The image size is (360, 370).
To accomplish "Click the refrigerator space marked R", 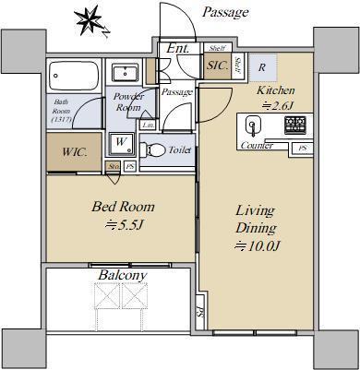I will click(263, 67).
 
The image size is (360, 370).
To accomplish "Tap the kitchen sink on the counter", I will click(256, 125).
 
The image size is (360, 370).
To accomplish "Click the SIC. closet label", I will click(218, 66).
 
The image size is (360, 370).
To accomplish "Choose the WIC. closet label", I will click(75, 151).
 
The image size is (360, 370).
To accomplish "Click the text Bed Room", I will click(122, 207).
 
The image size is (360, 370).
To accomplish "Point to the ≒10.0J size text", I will click(257, 245).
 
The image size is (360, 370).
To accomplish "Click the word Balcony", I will click(121, 275).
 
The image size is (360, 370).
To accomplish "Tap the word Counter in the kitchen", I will click(256, 146).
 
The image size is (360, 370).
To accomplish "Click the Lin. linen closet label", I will click(148, 125).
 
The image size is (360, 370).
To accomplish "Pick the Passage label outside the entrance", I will click(225, 12).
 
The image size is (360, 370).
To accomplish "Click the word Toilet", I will click(180, 148).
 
